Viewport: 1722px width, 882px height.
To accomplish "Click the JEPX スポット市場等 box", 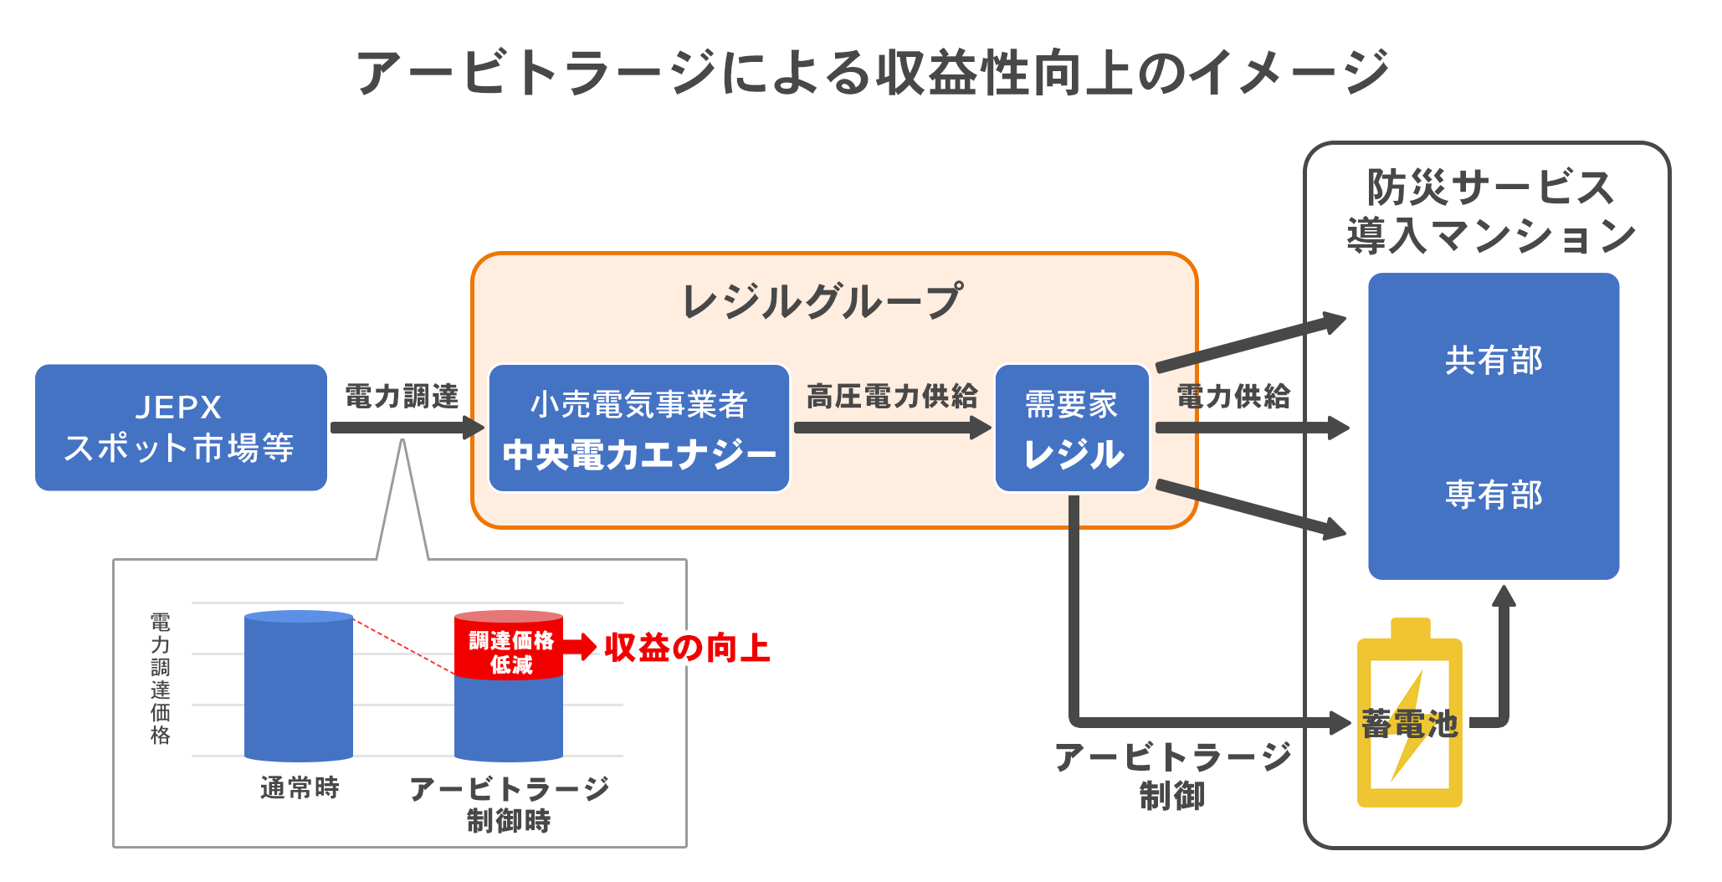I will pos(181,427).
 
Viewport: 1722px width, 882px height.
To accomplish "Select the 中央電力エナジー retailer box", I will pos(639,428).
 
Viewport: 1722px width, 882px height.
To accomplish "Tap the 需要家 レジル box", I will pos(1072,428).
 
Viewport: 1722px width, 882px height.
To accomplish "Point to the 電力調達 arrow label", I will pos(402,396).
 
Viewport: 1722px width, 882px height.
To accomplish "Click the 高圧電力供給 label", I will pos(892,396).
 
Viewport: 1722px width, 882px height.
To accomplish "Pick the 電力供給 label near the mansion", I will pos(1233,396).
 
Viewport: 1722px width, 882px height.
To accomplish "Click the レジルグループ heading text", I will pos(823,301).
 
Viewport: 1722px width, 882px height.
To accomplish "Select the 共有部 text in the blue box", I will pos(1494,360).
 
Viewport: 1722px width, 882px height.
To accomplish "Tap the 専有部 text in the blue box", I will pos(1494,495).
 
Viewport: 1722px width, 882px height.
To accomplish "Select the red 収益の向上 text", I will pos(687,648).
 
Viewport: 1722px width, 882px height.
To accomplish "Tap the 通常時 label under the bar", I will pos(300,787).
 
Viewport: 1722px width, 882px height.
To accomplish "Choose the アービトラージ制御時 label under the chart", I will pos(509,804).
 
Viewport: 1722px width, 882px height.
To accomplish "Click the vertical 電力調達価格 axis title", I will pos(160,679).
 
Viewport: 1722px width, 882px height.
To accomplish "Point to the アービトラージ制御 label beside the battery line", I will pos(1172,776).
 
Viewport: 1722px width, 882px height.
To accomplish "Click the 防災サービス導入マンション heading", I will pos(1490,211).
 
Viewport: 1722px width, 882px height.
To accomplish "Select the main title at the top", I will pos(873,72).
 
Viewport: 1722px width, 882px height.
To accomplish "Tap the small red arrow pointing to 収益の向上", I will pos(580,647).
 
